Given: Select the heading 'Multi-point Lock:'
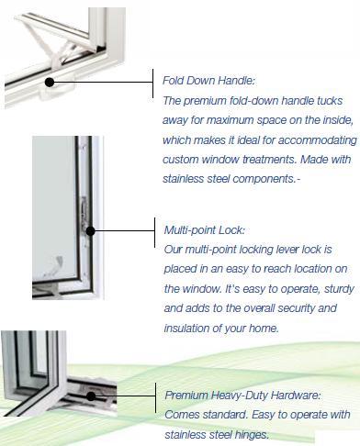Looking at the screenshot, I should pyautogui.click(x=204, y=229).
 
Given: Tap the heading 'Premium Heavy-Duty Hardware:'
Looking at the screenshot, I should pyautogui.click(x=243, y=396).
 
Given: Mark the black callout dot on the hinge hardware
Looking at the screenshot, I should pyautogui.click(x=94, y=396).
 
